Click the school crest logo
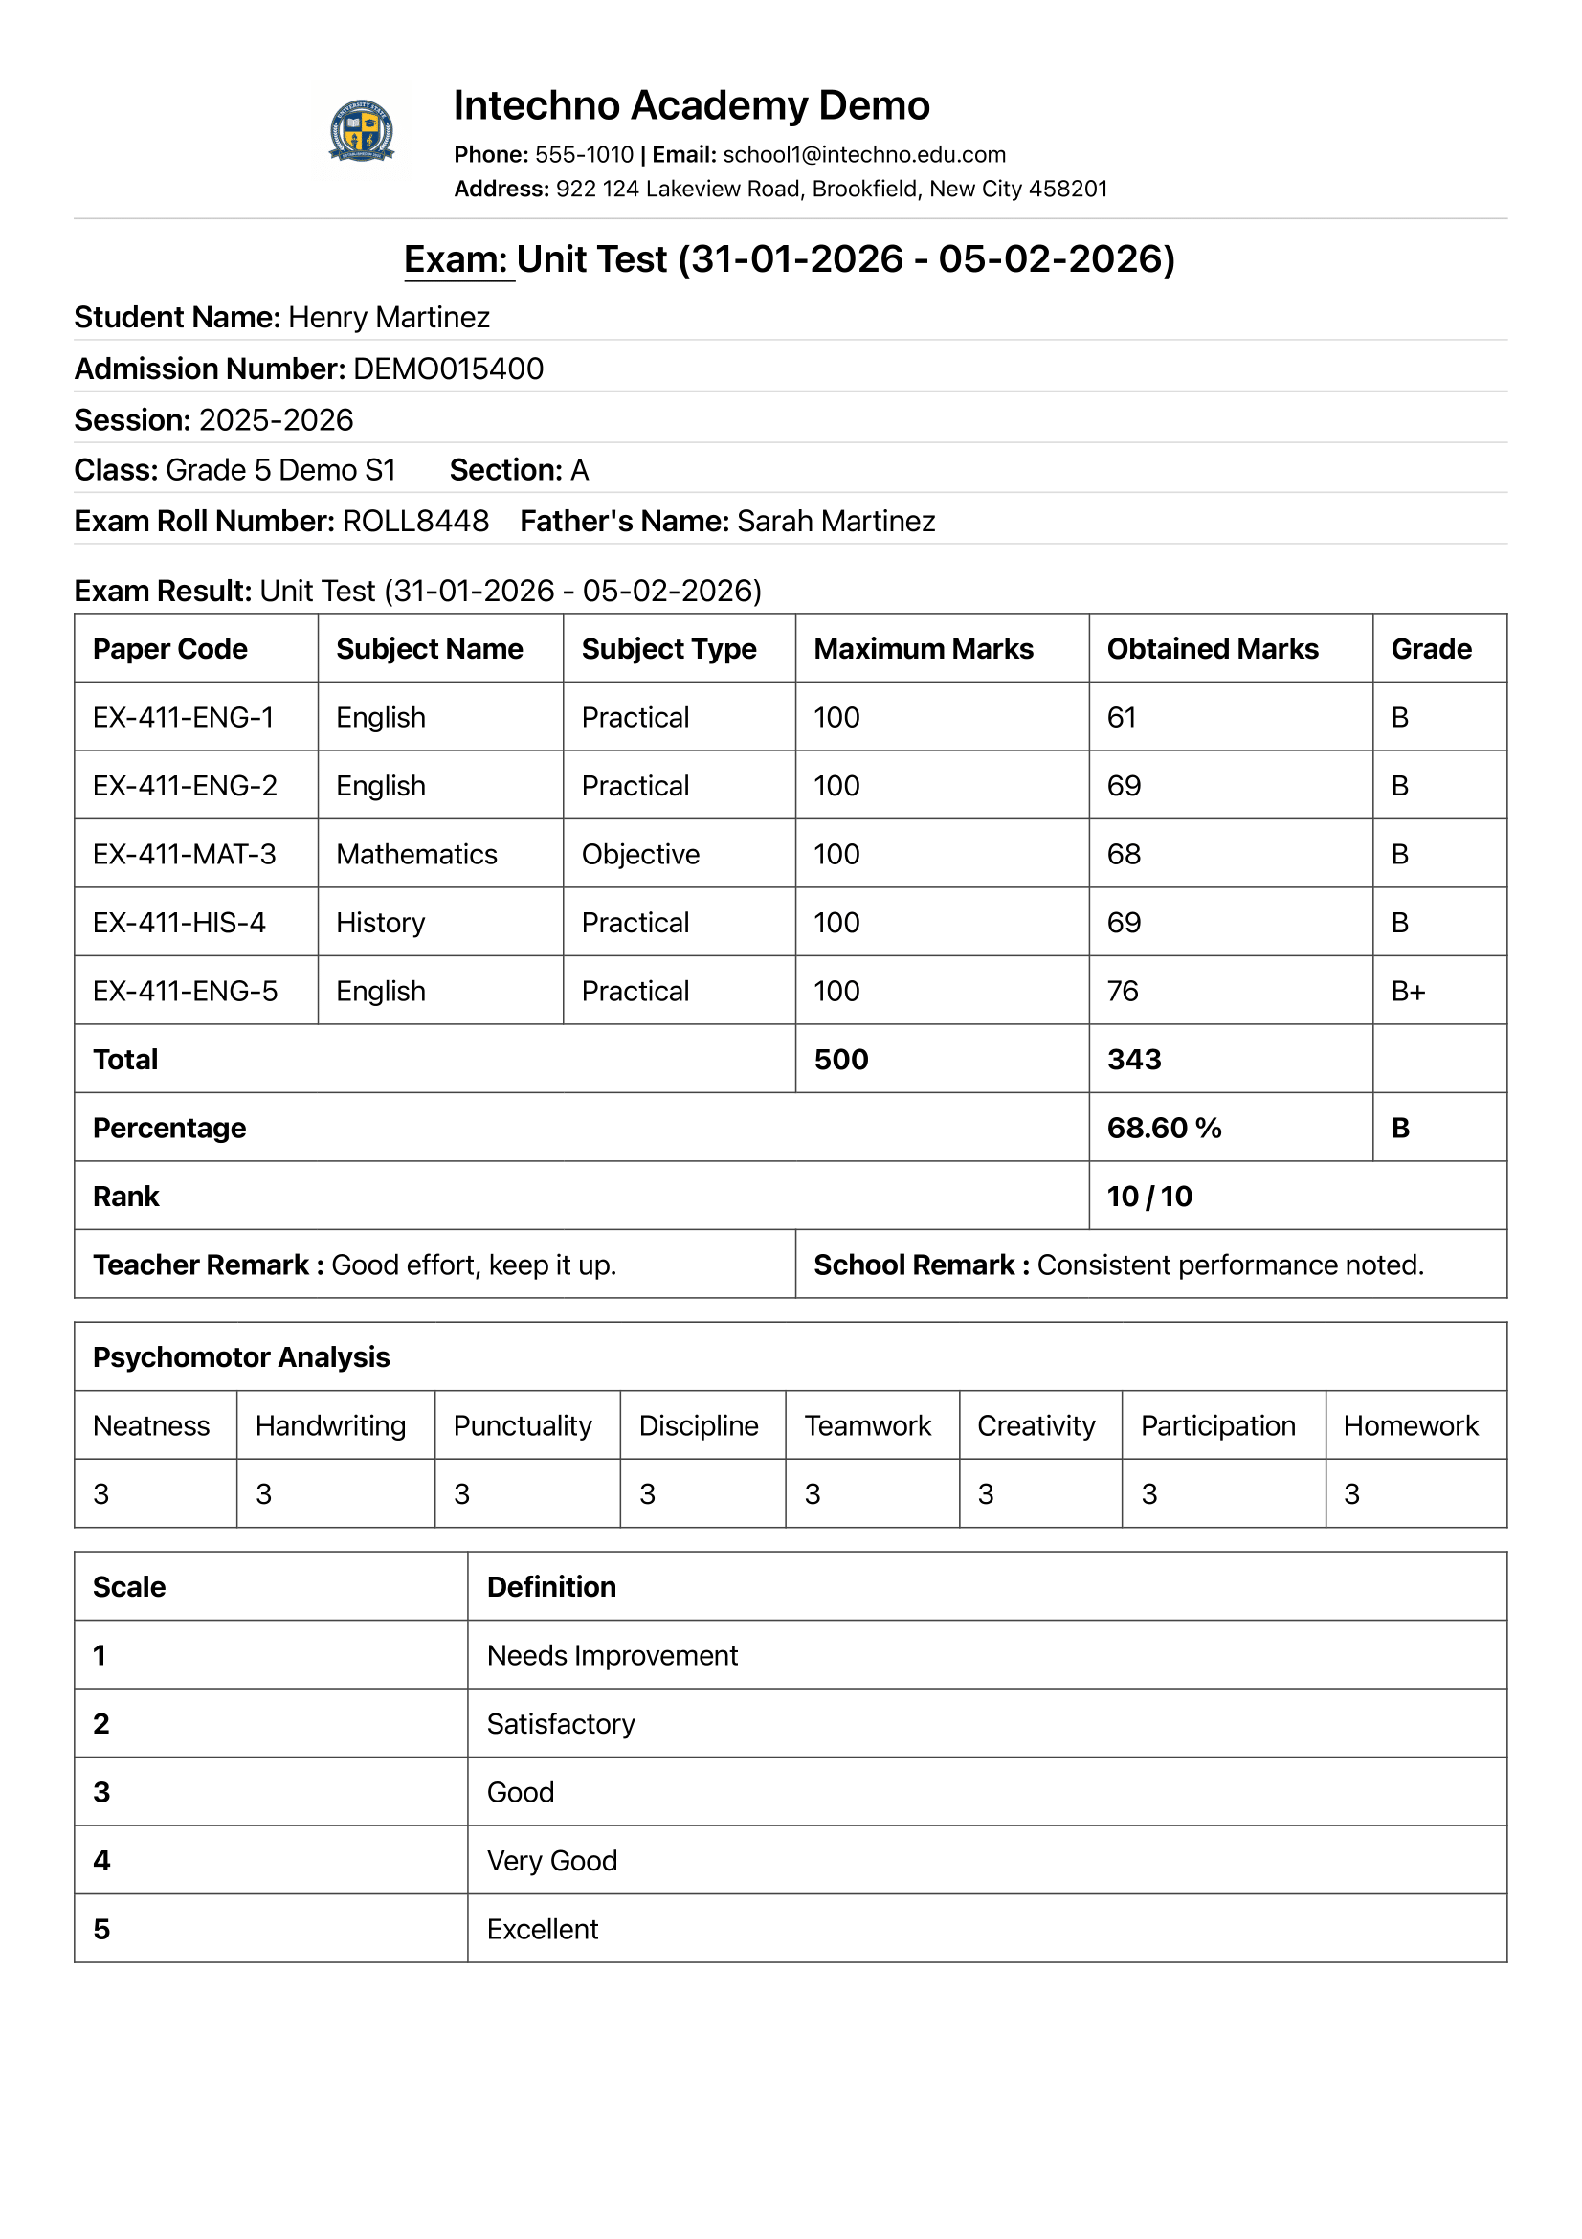tap(362, 129)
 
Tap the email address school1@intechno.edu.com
tap(863, 155)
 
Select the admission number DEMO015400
tap(449, 369)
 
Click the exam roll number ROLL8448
tap(415, 522)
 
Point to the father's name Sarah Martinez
tap(836, 522)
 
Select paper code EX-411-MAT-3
tap(184, 854)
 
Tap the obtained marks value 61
tap(1121, 718)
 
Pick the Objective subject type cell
tap(640, 854)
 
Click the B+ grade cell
tap(1408, 992)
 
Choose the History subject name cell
tap(380, 923)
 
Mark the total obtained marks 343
tap(1133, 1060)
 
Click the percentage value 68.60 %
tap(1164, 1129)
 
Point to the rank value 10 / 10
tap(1149, 1197)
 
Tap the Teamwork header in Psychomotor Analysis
tap(867, 1425)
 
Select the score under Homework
tap(1351, 1494)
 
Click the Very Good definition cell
tap(551, 1861)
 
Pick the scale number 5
tap(101, 1929)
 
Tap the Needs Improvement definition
tap(613, 1656)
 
